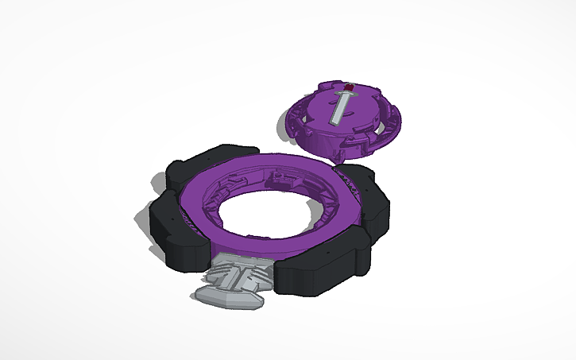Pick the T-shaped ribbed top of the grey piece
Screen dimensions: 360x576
(238, 274)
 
